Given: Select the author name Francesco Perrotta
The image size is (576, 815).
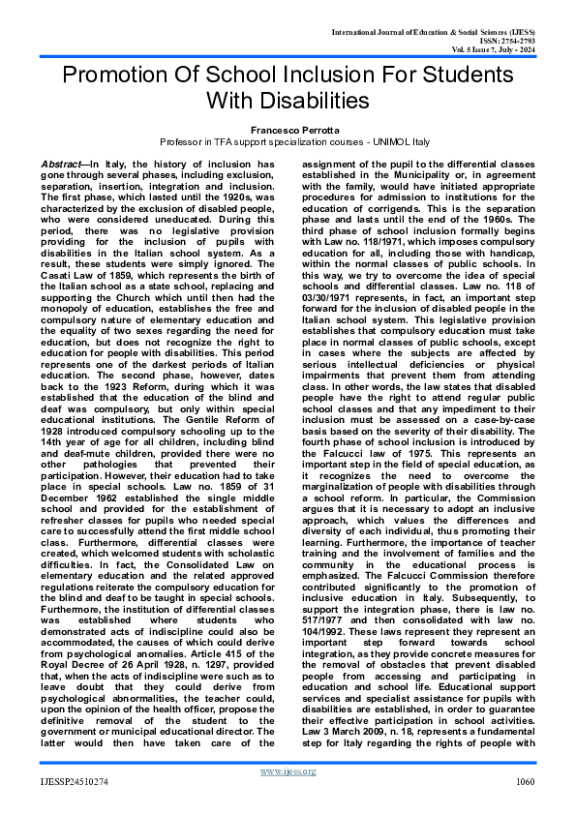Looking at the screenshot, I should (x=288, y=128).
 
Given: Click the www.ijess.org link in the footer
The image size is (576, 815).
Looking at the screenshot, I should (x=288, y=770).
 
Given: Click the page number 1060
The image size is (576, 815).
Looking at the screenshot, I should (x=526, y=780).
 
